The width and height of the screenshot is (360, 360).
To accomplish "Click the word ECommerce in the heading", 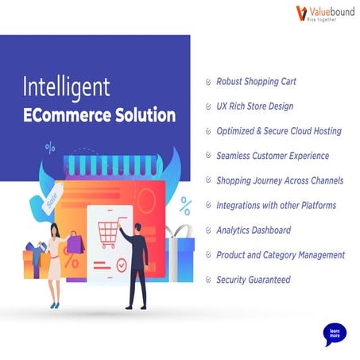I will (x=63, y=114).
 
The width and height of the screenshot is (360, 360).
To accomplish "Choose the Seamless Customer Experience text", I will (x=273, y=156).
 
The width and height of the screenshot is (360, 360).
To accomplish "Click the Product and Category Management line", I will (x=281, y=255).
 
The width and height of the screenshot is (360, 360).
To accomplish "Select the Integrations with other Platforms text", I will (x=276, y=205).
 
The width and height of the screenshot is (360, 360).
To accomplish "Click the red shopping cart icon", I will (x=109, y=234).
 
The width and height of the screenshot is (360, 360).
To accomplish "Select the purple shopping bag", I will (x=74, y=242).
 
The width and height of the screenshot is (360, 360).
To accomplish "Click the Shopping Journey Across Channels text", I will (x=280, y=180).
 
